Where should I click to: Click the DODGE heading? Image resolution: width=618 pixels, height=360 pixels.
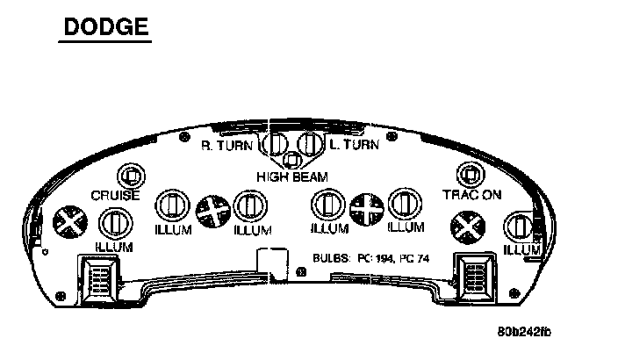coord(105,26)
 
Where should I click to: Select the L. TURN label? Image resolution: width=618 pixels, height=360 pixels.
coord(354,145)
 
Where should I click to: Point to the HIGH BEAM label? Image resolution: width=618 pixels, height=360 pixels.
coord(291,176)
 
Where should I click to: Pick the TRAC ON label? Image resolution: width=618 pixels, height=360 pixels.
coord(472,194)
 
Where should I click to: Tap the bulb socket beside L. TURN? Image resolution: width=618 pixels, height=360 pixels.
coord(310,144)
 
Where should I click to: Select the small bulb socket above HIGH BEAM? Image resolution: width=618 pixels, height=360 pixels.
coord(293,161)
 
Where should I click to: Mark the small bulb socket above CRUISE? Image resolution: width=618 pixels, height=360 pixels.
coord(131,175)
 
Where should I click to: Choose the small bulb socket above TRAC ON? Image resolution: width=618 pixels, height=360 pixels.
coord(471,175)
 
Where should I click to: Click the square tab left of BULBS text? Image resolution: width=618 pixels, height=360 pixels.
coord(270,262)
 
